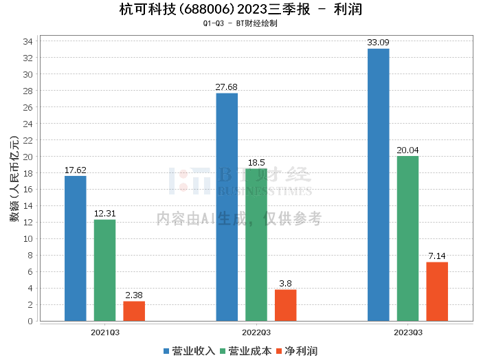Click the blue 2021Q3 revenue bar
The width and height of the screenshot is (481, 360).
(x=76, y=248)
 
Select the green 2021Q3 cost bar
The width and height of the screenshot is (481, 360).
(x=105, y=270)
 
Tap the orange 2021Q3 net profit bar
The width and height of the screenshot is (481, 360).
(x=134, y=311)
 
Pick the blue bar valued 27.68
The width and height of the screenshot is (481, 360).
(x=227, y=207)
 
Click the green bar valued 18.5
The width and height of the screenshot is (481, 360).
(x=256, y=245)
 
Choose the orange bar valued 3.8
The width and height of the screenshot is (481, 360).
(x=286, y=305)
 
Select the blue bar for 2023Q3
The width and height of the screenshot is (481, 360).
(x=378, y=185)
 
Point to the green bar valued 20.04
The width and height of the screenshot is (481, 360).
(x=407, y=238)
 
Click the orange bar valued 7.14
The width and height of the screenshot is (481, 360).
(x=437, y=291)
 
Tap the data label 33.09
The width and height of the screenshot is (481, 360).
(x=378, y=43)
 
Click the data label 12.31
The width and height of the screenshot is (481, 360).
(x=105, y=214)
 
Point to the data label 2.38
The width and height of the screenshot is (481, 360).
(x=134, y=295)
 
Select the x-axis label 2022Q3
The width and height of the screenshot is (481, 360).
(x=256, y=332)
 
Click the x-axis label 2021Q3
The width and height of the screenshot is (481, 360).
(x=105, y=332)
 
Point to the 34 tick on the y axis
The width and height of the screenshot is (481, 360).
(x=28, y=41)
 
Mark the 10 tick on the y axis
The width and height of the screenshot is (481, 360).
(x=28, y=239)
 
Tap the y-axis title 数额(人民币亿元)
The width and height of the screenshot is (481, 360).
(x=13, y=181)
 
